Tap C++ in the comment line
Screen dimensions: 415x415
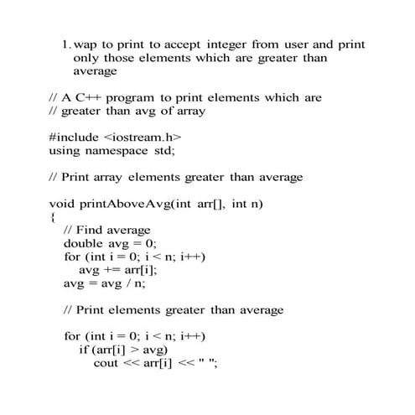pyautogui.click(x=86, y=97)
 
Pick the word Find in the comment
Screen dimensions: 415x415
pyautogui.click(x=93, y=230)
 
